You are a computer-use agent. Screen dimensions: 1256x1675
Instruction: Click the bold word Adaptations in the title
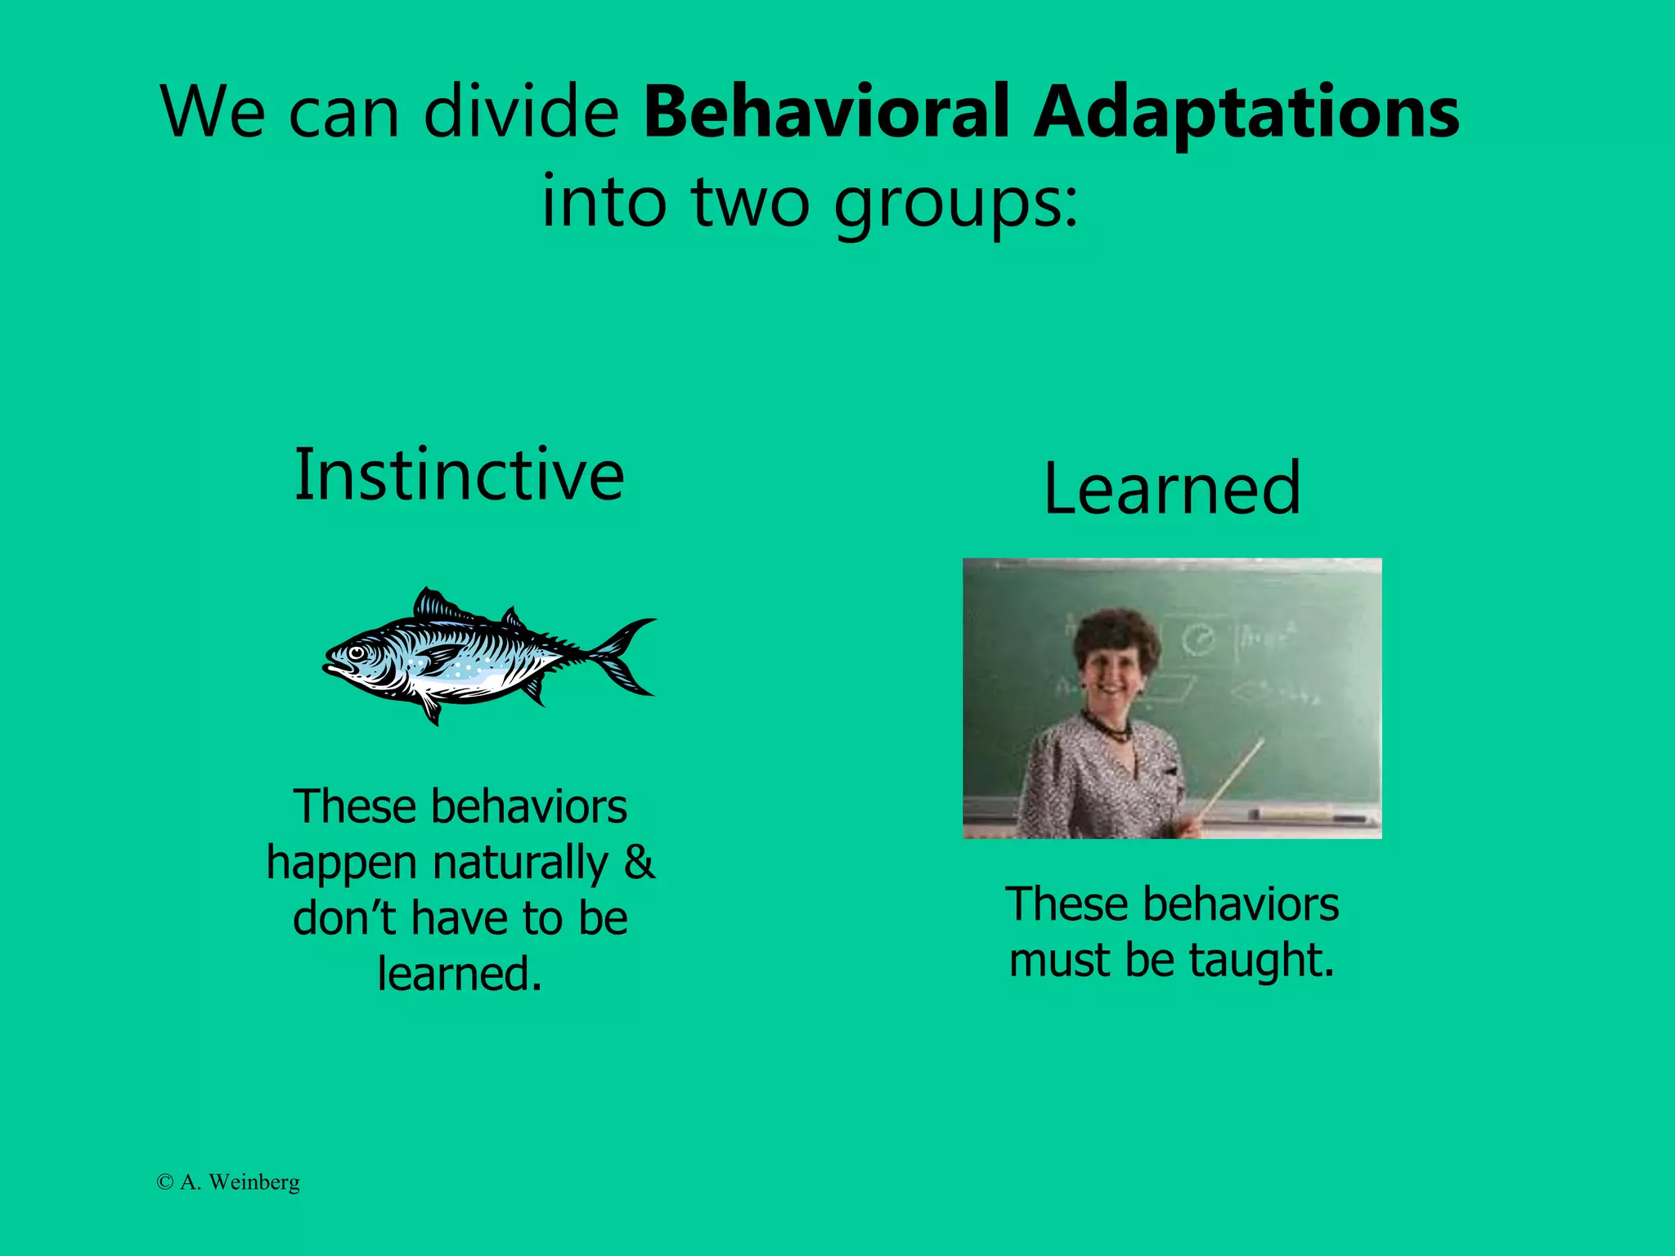coord(1246,113)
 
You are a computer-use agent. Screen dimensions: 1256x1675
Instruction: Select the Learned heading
coord(1171,489)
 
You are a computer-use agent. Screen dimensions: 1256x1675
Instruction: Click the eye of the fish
coord(357,653)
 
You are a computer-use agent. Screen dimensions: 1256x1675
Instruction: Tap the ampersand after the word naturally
coord(639,862)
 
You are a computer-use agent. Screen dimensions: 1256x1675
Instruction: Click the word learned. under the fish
coord(460,974)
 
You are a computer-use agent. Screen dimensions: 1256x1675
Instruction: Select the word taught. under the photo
coord(1261,960)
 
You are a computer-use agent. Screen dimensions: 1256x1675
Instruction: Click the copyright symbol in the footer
coord(164,1182)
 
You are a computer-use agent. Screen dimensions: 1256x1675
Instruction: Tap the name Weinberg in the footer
coord(254,1182)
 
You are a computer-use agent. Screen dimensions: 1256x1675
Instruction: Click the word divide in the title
coord(521,111)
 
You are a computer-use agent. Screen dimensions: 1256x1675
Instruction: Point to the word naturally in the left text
coord(520,863)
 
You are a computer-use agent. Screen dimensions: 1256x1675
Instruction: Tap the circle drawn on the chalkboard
coord(1199,639)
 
